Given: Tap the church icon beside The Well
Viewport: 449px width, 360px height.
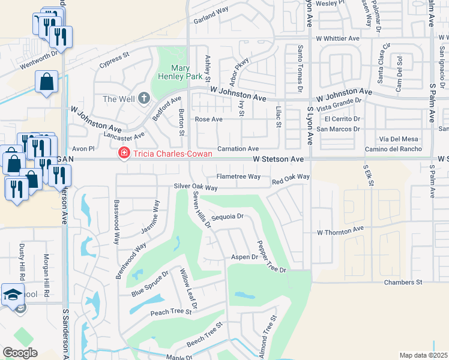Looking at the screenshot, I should point(143,98).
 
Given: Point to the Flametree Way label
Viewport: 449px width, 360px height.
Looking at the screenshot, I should point(238,176).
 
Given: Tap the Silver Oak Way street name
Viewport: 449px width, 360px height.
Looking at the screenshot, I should point(196,187).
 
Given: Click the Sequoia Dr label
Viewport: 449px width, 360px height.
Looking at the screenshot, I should point(228,216).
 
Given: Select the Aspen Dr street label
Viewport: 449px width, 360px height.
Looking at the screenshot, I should point(244,257).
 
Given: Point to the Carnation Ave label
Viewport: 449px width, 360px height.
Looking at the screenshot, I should point(237,148).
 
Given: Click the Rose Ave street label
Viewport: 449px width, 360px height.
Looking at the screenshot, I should point(209,119).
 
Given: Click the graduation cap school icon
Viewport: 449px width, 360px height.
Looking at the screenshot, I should point(12,295).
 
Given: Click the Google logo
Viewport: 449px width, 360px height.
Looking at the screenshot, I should point(20,353).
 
